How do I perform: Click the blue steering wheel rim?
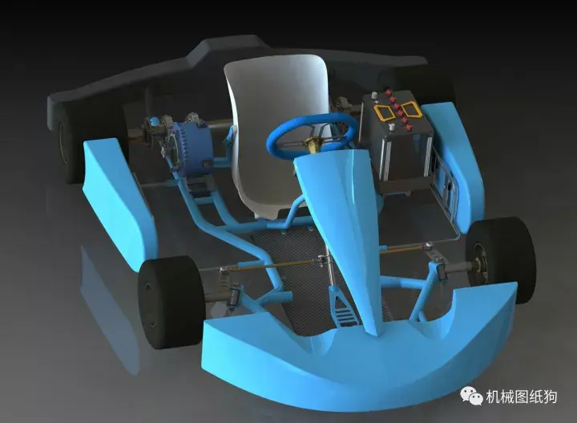click(x=280, y=126)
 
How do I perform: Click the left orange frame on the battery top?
click(x=383, y=112)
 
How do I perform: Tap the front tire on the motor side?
click(x=171, y=303)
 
